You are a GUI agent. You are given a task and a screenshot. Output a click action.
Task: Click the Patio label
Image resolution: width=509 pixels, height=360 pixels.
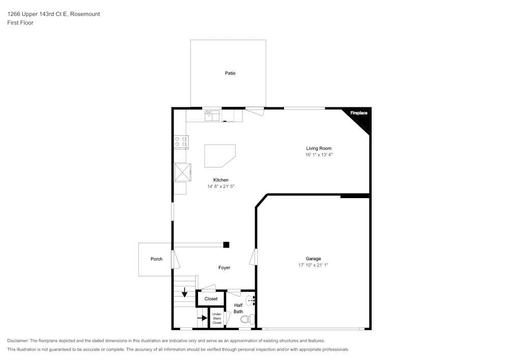tap(230, 73)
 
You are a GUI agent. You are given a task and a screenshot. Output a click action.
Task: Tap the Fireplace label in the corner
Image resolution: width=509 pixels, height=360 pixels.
tap(359, 113)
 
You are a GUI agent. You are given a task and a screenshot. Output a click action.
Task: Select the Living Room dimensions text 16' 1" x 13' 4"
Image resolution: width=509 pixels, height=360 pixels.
tap(319, 155)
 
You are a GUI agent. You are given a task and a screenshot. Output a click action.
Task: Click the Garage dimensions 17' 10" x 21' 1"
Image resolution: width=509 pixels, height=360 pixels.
tap(313, 265)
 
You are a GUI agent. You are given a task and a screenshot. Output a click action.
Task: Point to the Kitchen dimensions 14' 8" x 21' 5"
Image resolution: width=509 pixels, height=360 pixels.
tap(220, 186)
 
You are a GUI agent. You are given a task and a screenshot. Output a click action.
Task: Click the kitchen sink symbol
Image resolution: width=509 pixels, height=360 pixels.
tap(212, 116)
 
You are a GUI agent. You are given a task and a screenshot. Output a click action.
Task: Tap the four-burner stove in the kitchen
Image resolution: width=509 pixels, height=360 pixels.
tap(181, 142)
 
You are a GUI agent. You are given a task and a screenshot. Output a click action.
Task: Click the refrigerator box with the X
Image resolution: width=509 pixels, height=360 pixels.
tap(182, 172)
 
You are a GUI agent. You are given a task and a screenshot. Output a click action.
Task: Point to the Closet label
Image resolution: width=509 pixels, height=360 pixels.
tap(211, 299)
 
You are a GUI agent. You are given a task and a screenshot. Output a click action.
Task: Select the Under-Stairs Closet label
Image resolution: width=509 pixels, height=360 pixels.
tap(217, 319)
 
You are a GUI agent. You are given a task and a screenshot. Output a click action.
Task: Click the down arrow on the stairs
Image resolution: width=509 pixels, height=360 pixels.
tap(184, 293)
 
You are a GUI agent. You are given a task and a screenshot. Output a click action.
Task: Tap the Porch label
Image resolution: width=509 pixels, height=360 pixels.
tap(156, 259)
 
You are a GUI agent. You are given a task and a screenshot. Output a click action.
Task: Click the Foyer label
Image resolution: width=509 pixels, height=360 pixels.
tap(224, 268)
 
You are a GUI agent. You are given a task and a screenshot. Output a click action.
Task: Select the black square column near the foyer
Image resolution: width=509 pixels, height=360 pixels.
tap(226, 245)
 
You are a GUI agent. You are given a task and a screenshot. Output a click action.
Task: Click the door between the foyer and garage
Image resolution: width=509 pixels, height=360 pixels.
tap(252, 257)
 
